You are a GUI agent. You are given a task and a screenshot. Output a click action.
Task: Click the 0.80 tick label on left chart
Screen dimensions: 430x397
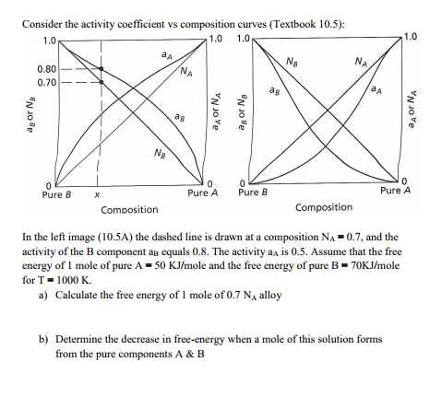[47, 69]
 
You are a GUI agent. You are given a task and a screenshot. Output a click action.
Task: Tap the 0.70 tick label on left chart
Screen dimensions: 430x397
[47, 82]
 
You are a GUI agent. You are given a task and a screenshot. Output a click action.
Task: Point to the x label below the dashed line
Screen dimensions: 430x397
[97, 195]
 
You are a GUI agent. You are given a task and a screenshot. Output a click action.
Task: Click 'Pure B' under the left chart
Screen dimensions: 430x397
[56, 195]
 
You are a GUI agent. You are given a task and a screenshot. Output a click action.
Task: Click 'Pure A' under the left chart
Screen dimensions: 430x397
[202, 193]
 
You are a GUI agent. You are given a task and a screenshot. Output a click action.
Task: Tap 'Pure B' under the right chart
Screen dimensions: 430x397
[252, 193]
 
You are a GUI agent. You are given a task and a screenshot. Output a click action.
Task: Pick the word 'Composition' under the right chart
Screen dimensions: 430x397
[324, 207]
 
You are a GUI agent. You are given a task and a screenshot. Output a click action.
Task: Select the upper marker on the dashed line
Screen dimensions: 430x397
[102, 68]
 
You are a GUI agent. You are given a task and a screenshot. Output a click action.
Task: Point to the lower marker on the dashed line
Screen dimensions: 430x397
[102, 81]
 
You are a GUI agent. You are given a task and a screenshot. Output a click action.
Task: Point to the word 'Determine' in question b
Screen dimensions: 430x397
[82, 339]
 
